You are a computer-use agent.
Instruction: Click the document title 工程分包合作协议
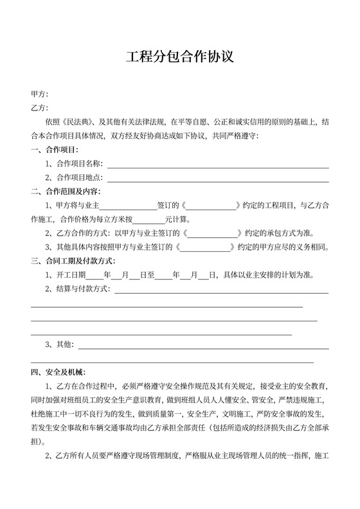(179, 57)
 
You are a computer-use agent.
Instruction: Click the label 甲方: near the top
(39, 94)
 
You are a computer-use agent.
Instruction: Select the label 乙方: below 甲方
(39, 108)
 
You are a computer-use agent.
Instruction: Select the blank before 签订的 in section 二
(128, 206)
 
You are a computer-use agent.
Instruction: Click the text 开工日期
(71, 275)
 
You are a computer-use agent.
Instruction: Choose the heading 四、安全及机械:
(62, 372)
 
